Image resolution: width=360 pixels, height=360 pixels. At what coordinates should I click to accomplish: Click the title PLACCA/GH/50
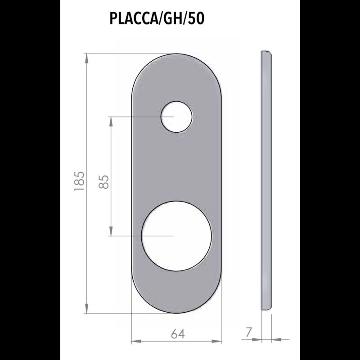(x=157, y=19)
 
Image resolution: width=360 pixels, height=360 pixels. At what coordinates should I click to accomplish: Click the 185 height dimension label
(x=80, y=181)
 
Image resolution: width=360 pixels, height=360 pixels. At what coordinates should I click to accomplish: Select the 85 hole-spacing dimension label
(x=104, y=182)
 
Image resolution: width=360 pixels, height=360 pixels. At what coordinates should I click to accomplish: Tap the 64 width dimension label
(x=178, y=334)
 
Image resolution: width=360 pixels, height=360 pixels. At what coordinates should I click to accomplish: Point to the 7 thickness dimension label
(x=248, y=332)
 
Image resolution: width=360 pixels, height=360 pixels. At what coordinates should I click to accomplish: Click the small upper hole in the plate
(x=176, y=117)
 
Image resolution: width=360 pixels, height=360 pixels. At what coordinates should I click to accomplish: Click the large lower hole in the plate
(x=176, y=236)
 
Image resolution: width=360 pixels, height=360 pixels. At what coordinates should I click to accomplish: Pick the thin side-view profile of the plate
(x=266, y=180)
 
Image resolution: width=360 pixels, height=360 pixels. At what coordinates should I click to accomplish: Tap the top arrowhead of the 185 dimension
(x=86, y=58)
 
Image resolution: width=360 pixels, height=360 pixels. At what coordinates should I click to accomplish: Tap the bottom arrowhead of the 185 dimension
(x=86, y=309)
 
